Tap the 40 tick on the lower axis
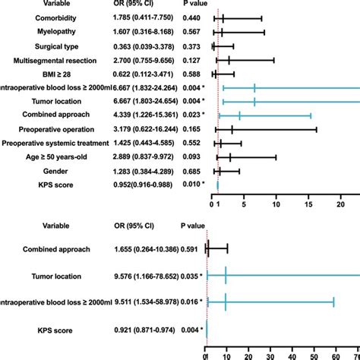pos(292,354)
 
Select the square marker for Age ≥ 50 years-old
pos(230,157)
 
